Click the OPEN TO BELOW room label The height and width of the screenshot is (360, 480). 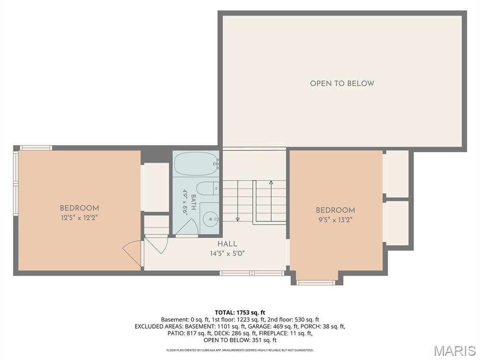342,83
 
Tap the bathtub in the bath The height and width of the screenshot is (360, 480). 196,164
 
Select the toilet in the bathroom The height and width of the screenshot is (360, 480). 207,188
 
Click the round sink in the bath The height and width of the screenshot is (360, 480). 210,219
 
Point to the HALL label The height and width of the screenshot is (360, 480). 227,244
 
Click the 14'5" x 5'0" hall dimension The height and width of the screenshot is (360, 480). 227,254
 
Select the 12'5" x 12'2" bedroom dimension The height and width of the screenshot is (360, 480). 79,218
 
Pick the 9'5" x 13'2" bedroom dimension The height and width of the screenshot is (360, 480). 335,220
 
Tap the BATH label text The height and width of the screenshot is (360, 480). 193,202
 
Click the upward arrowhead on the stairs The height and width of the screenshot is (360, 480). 271,183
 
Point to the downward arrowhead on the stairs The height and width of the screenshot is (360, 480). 238,219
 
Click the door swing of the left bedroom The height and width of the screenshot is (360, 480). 132,252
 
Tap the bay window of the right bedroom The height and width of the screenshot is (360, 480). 317,282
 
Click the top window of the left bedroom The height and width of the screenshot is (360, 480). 36,148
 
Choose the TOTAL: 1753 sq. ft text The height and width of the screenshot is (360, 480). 240,313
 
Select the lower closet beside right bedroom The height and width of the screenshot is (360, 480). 397,223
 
